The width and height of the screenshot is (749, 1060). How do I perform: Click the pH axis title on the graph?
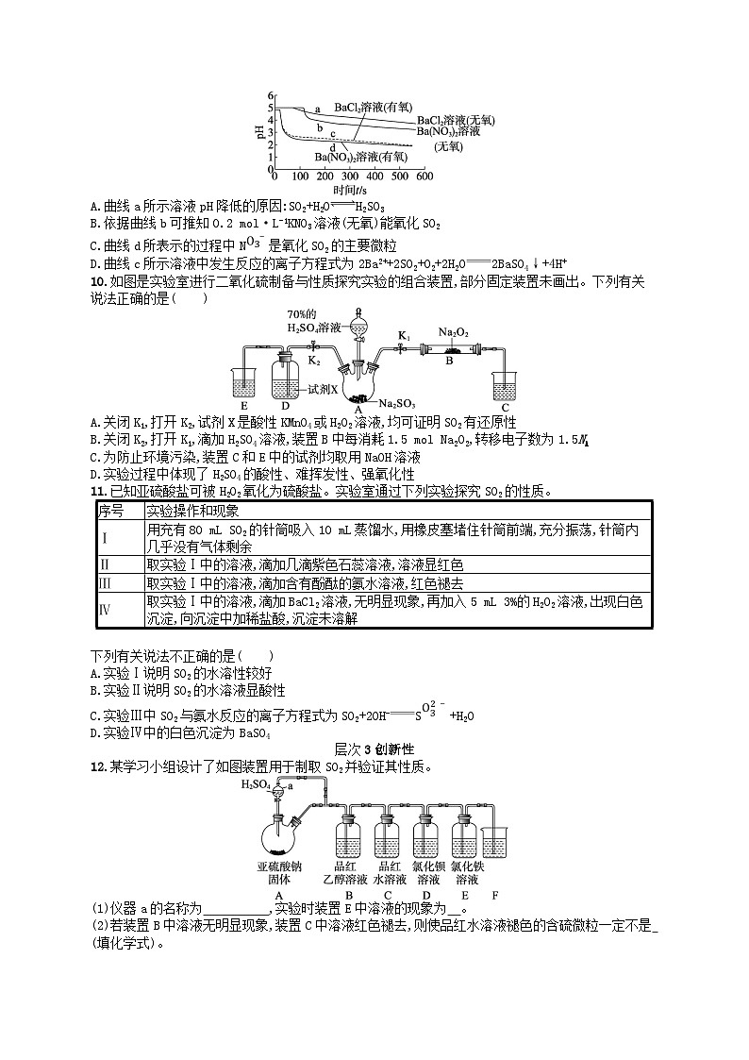(x=259, y=133)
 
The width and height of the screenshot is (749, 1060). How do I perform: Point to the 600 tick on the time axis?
(x=424, y=177)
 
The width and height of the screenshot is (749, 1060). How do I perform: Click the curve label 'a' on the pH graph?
(x=317, y=109)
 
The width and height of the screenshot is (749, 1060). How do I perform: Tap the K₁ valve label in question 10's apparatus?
(x=403, y=335)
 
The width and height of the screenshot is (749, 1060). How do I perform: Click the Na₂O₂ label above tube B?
(x=456, y=332)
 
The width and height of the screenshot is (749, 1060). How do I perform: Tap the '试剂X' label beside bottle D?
(x=323, y=388)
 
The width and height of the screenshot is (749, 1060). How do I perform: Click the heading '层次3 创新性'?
(x=374, y=748)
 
